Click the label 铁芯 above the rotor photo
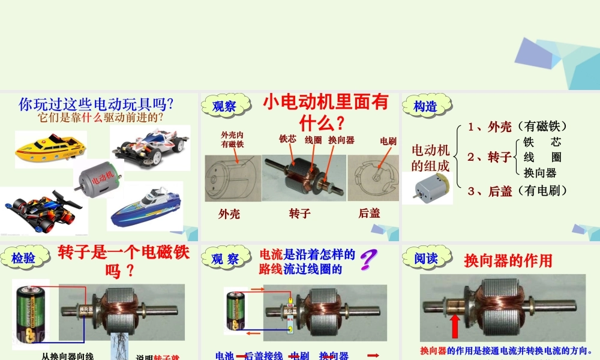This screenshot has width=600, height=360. pyautogui.click(x=287, y=139)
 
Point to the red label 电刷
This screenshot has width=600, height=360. pyautogui.click(x=388, y=141)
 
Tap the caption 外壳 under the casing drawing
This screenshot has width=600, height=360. pyautogui.click(x=229, y=214)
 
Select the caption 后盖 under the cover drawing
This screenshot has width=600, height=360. pyautogui.click(x=369, y=213)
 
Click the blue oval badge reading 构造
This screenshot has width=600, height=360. pyautogui.click(x=425, y=107)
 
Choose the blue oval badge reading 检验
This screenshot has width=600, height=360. pyautogui.click(x=23, y=259)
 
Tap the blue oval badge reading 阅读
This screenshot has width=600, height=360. pyautogui.click(x=425, y=259)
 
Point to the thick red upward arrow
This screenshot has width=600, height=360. pyautogui.click(x=455, y=327)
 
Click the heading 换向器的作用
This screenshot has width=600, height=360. pyautogui.click(x=508, y=261)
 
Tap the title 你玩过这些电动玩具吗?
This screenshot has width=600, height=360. pyautogui.click(x=97, y=104)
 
